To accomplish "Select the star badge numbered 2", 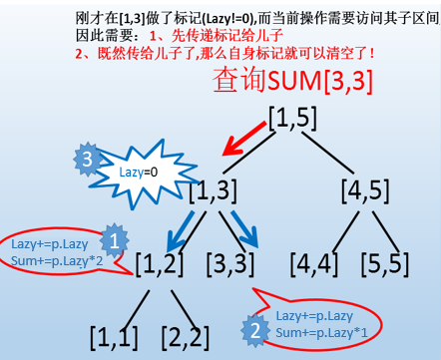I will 254,326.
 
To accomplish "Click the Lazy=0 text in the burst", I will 139,173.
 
